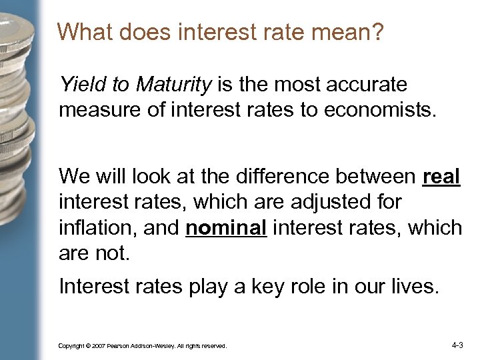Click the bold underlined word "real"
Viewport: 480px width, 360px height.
pos(441,177)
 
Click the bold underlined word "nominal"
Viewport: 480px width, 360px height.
pos(227,227)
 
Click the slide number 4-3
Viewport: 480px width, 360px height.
pos(457,345)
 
